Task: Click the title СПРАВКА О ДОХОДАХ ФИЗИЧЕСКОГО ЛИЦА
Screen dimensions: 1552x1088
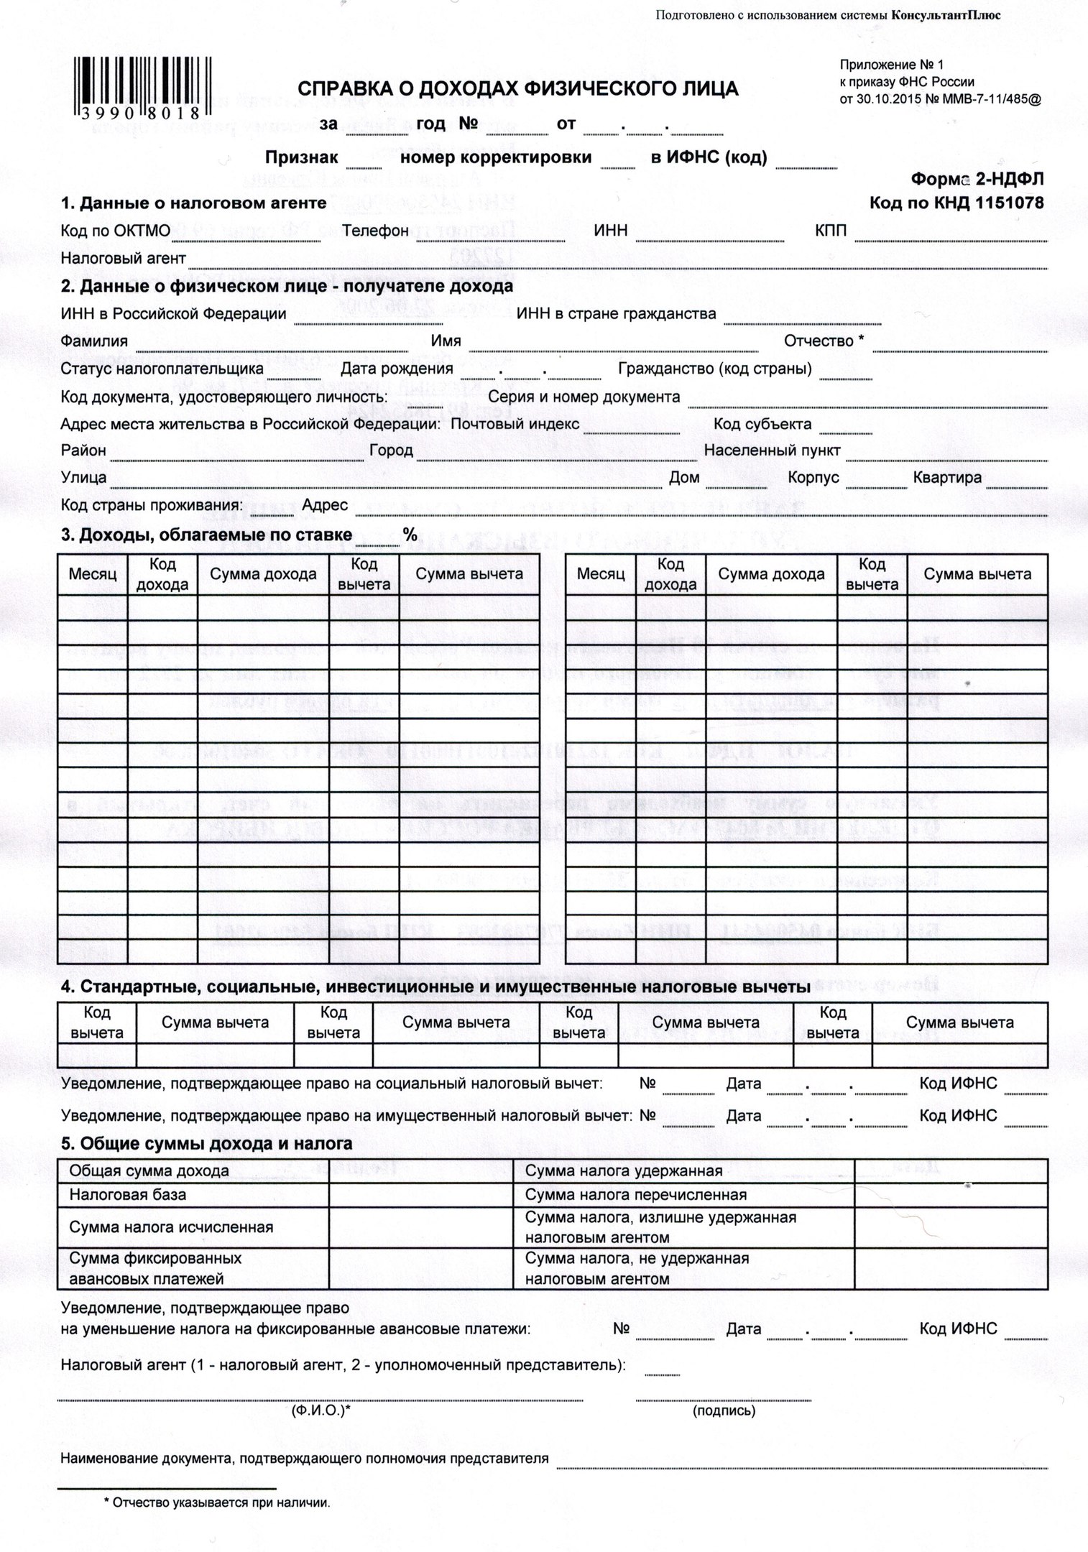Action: pyautogui.click(x=517, y=88)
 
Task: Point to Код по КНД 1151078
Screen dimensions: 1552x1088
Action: pyautogui.click(x=956, y=203)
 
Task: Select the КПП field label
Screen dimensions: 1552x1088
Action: pyautogui.click(x=830, y=231)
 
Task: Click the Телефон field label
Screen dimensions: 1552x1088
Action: pyautogui.click(x=375, y=231)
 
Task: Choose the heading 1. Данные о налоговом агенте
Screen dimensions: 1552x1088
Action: pyautogui.click(x=193, y=203)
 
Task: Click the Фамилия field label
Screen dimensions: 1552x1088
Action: pyautogui.click(x=94, y=341)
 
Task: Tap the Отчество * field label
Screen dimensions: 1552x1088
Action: pyautogui.click(x=824, y=341)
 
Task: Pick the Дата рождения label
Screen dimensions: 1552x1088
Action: pyautogui.click(x=397, y=369)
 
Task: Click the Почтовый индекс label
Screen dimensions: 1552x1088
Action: pyautogui.click(x=515, y=424)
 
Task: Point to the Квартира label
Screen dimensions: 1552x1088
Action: pyautogui.click(x=947, y=478)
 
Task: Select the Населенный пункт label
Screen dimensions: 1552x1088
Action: pyautogui.click(x=772, y=451)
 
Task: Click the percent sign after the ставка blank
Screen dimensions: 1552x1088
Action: pyautogui.click(x=410, y=534)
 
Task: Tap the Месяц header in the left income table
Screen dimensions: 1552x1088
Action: pyautogui.click(x=93, y=574)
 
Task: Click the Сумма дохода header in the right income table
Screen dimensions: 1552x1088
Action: pyautogui.click(x=771, y=574)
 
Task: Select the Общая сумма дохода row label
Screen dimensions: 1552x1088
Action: pyautogui.click(x=149, y=1171)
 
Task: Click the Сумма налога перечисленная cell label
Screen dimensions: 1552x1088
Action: pyautogui.click(x=635, y=1195)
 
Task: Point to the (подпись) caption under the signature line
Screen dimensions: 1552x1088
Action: pyautogui.click(x=724, y=1411)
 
